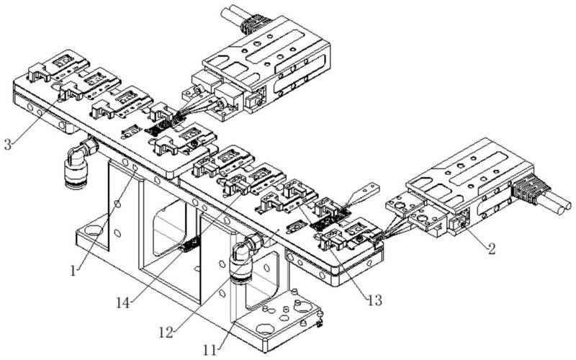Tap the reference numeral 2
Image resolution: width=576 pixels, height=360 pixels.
pyautogui.click(x=490, y=251)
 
